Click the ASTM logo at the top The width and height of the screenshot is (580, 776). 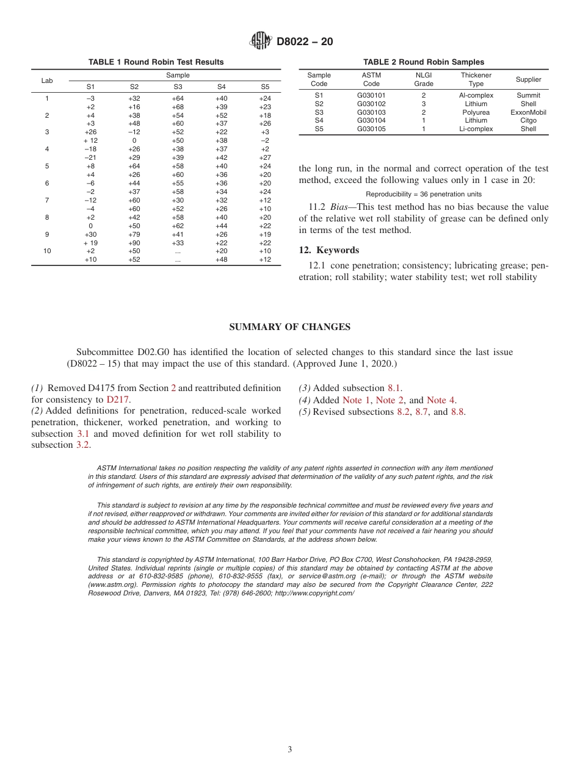coord(261,41)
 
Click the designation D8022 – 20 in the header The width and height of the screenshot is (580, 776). coord(305,42)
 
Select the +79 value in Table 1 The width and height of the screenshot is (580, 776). coord(134,234)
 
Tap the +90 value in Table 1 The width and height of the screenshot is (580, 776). coord(134,243)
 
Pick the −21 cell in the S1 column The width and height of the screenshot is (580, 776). coord(90,157)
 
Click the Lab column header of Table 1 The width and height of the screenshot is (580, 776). coord(47,81)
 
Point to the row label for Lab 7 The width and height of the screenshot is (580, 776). coord(47,200)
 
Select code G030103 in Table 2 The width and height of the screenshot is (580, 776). coord(371,112)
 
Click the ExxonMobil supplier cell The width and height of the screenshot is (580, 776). coord(528,112)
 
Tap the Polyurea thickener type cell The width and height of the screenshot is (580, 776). coord(476,112)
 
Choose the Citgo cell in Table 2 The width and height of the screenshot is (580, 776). coord(528,120)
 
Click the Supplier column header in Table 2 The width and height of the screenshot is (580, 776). coord(528,79)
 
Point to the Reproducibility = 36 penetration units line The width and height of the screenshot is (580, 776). coord(424,194)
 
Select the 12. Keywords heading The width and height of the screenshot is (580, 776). coord(328,250)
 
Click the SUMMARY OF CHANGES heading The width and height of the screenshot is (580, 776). coord(289,327)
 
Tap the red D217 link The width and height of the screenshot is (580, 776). coord(118,400)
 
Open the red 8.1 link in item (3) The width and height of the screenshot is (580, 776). coord(394,388)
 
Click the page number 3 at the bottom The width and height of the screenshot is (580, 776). coord(290,749)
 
